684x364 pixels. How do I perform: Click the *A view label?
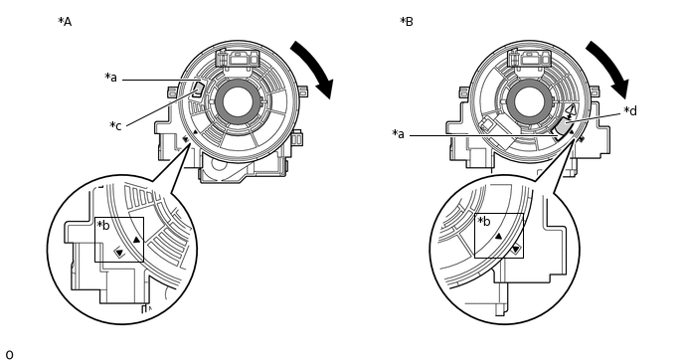pyautogui.click(x=65, y=22)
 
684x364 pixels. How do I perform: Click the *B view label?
pyautogui.click(x=407, y=22)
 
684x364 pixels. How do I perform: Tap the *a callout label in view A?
pyautogui.click(x=110, y=78)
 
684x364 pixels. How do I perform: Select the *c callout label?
pyautogui.click(x=115, y=125)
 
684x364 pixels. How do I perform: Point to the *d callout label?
pyautogui.click(x=630, y=110)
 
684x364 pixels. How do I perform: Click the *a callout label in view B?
pyautogui.click(x=399, y=133)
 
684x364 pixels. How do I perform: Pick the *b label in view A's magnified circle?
pyautogui.click(x=103, y=225)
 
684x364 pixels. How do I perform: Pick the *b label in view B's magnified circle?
pyautogui.click(x=484, y=221)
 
